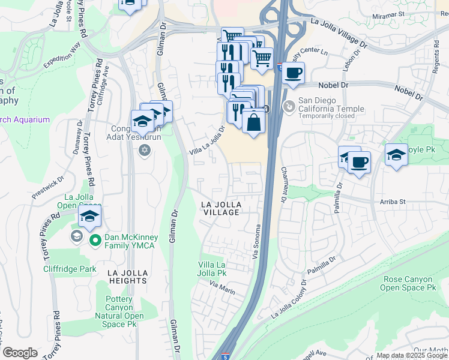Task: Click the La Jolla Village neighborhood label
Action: pyautogui.click(x=220, y=209)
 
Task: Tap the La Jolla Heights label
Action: pyautogui.click(x=127, y=276)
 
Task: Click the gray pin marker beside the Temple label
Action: pyautogui.click(x=289, y=106)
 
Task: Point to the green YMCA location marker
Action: pyautogui.click(x=95, y=241)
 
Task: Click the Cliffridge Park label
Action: pyautogui.click(x=70, y=269)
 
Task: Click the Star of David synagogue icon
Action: pyautogui.click(x=144, y=150)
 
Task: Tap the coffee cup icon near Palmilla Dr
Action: pyautogui.click(x=359, y=162)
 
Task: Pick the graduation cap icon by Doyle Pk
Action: pyautogui.click(x=396, y=155)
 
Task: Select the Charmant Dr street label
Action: pyautogui.click(x=284, y=180)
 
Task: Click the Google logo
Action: pyautogui.click(x=20, y=353)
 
